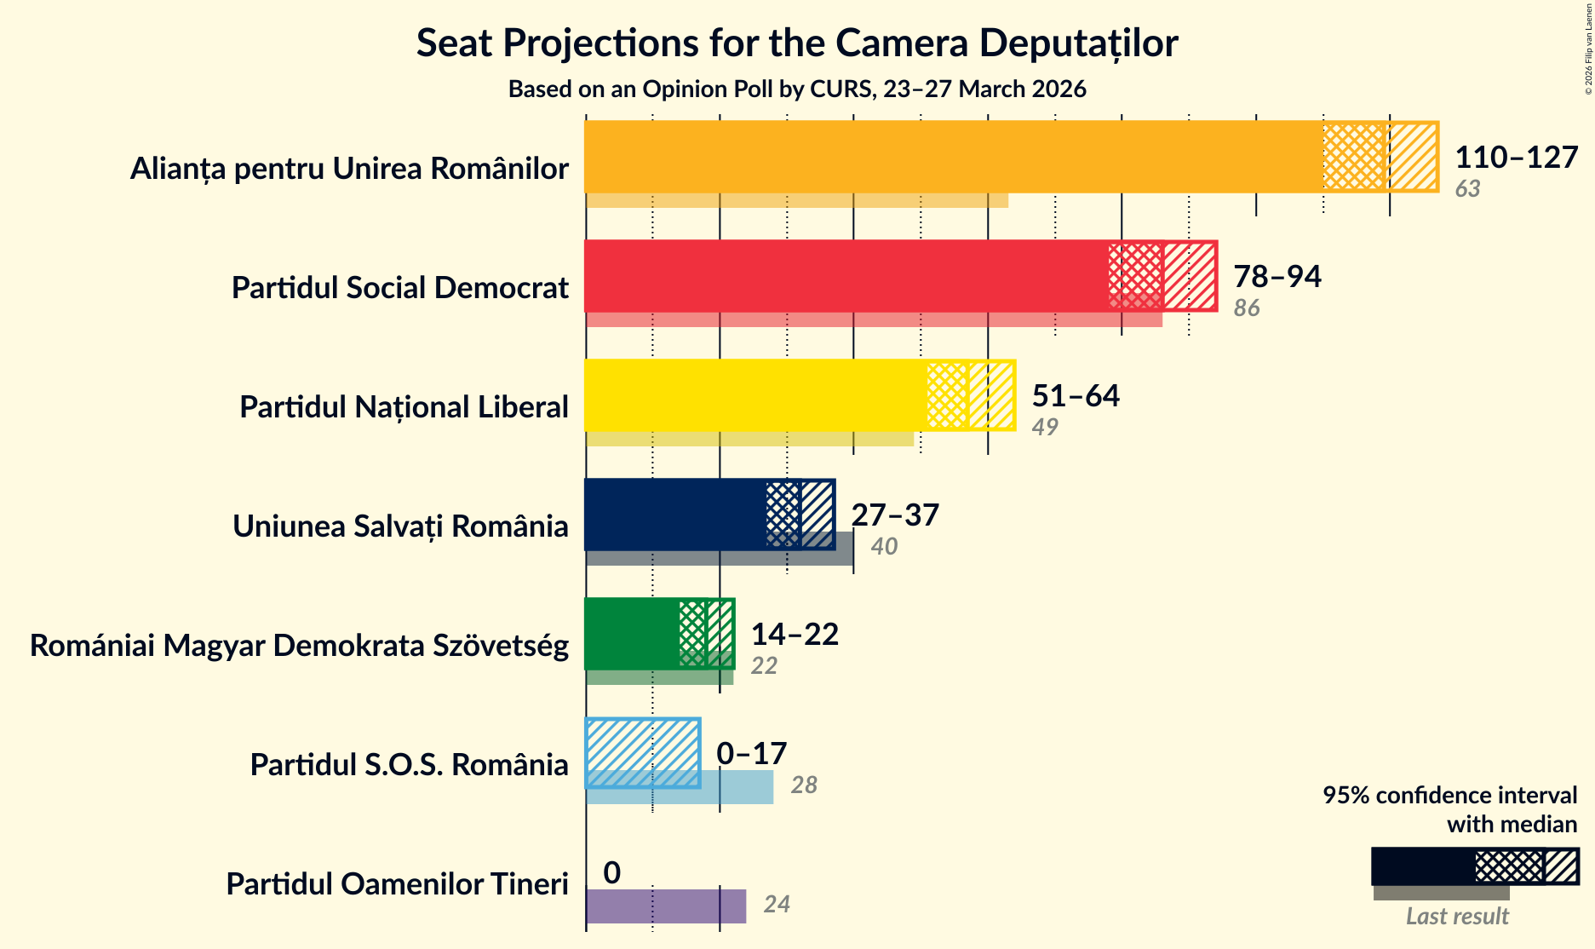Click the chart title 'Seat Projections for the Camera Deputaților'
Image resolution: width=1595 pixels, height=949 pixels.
point(796,43)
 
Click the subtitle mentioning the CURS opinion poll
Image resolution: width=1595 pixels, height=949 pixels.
point(796,89)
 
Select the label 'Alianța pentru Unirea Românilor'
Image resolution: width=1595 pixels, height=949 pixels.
point(349,169)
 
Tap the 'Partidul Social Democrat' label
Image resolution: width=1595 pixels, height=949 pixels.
point(399,288)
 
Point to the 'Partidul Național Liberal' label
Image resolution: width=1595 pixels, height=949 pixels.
point(404,407)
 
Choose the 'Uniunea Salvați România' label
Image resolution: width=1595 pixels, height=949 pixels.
point(400,526)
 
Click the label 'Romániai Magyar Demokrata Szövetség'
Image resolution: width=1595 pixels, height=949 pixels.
point(299,646)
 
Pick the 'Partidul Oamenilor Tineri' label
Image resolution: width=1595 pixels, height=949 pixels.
point(397,884)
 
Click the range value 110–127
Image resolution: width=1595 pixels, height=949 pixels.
point(1516,157)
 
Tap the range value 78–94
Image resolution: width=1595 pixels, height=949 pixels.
point(1277,276)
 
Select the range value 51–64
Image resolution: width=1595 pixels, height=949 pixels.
point(1075,395)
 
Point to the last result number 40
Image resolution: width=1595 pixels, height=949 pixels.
point(884,546)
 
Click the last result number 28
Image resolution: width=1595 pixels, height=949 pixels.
point(804,785)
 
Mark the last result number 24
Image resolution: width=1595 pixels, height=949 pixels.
point(777,904)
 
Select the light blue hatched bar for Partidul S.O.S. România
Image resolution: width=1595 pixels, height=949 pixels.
point(643,753)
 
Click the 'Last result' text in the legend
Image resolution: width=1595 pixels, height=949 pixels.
point(1457,917)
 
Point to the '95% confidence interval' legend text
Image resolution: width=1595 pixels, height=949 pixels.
point(1449,795)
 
